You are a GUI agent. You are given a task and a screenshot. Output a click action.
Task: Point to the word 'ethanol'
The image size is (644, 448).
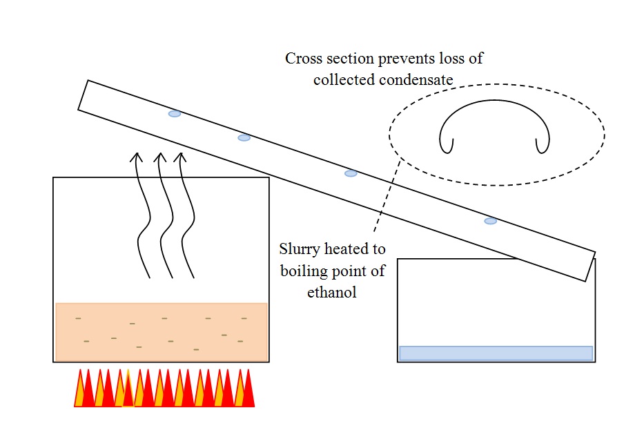pyautogui.click(x=332, y=292)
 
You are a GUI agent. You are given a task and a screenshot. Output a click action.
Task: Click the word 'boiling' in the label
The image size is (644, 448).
pyautogui.click(x=303, y=270)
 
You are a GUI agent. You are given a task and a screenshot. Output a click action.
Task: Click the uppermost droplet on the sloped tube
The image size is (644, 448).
pyautogui.click(x=175, y=113)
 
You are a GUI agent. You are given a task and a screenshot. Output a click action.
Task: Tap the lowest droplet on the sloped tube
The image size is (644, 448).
pyautogui.click(x=490, y=221)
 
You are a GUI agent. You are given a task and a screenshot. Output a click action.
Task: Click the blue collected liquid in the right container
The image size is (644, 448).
pyautogui.click(x=496, y=353)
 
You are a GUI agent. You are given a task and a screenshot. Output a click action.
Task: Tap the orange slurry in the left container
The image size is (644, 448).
pyautogui.click(x=161, y=331)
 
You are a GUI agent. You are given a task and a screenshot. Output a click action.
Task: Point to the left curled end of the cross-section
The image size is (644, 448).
pyautogui.click(x=449, y=146)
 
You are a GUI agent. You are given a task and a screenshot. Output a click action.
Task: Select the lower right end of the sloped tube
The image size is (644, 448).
pyautogui.click(x=589, y=266)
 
